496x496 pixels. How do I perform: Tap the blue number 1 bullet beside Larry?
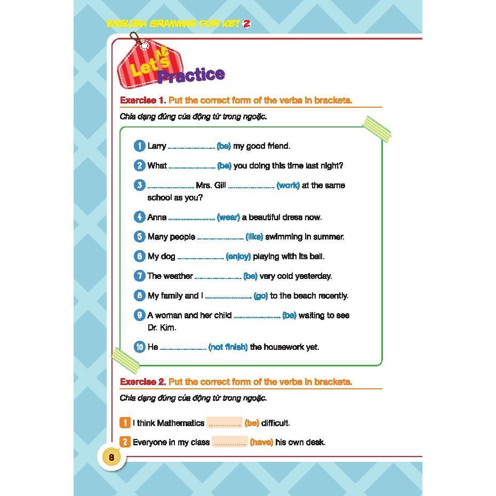point(140,146)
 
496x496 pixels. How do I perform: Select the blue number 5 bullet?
point(140,237)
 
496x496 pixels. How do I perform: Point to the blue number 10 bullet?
point(140,347)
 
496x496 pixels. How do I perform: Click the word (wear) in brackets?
point(228,218)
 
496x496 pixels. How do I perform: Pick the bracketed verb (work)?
point(288,186)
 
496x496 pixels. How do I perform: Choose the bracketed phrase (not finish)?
point(228,347)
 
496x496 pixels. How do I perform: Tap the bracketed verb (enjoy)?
point(238,257)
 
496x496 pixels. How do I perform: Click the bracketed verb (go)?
point(261,296)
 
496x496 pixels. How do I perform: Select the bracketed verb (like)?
point(254,237)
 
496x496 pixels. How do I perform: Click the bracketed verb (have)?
point(261,442)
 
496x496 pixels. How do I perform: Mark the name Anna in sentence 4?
point(157,218)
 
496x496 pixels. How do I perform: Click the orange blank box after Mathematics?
point(225,423)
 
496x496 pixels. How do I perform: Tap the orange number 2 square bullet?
point(125,442)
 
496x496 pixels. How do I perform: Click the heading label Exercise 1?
point(143,100)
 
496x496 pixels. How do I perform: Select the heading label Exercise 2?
point(143,382)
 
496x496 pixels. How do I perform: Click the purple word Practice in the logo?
point(191,75)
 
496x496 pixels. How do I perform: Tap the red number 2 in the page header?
point(247,24)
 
